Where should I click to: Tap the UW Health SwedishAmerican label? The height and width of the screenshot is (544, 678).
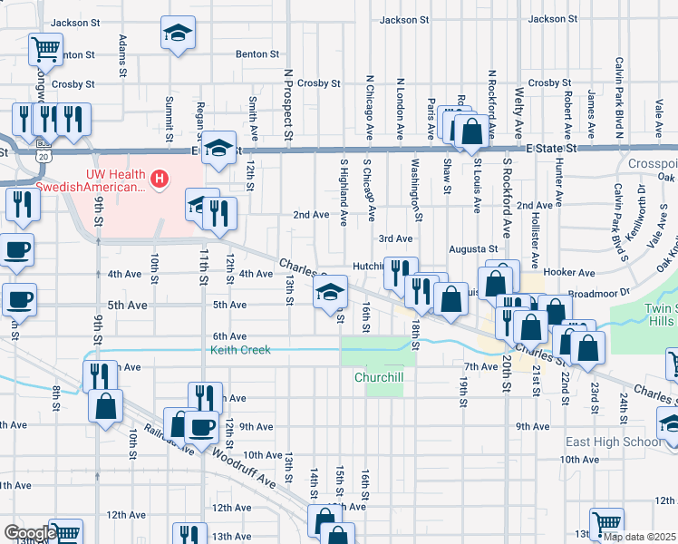click(116, 180)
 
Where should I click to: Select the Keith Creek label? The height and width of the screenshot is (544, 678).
click(240, 350)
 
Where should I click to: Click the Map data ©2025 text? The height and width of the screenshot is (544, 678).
click(640, 537)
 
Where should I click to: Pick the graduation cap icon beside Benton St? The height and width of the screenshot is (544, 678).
click(179, 35)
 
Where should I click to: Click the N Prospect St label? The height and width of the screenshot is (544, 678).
click(288, 106)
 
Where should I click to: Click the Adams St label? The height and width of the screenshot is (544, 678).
click(122, 53)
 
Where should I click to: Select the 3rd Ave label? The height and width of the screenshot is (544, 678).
click(396, 238)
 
